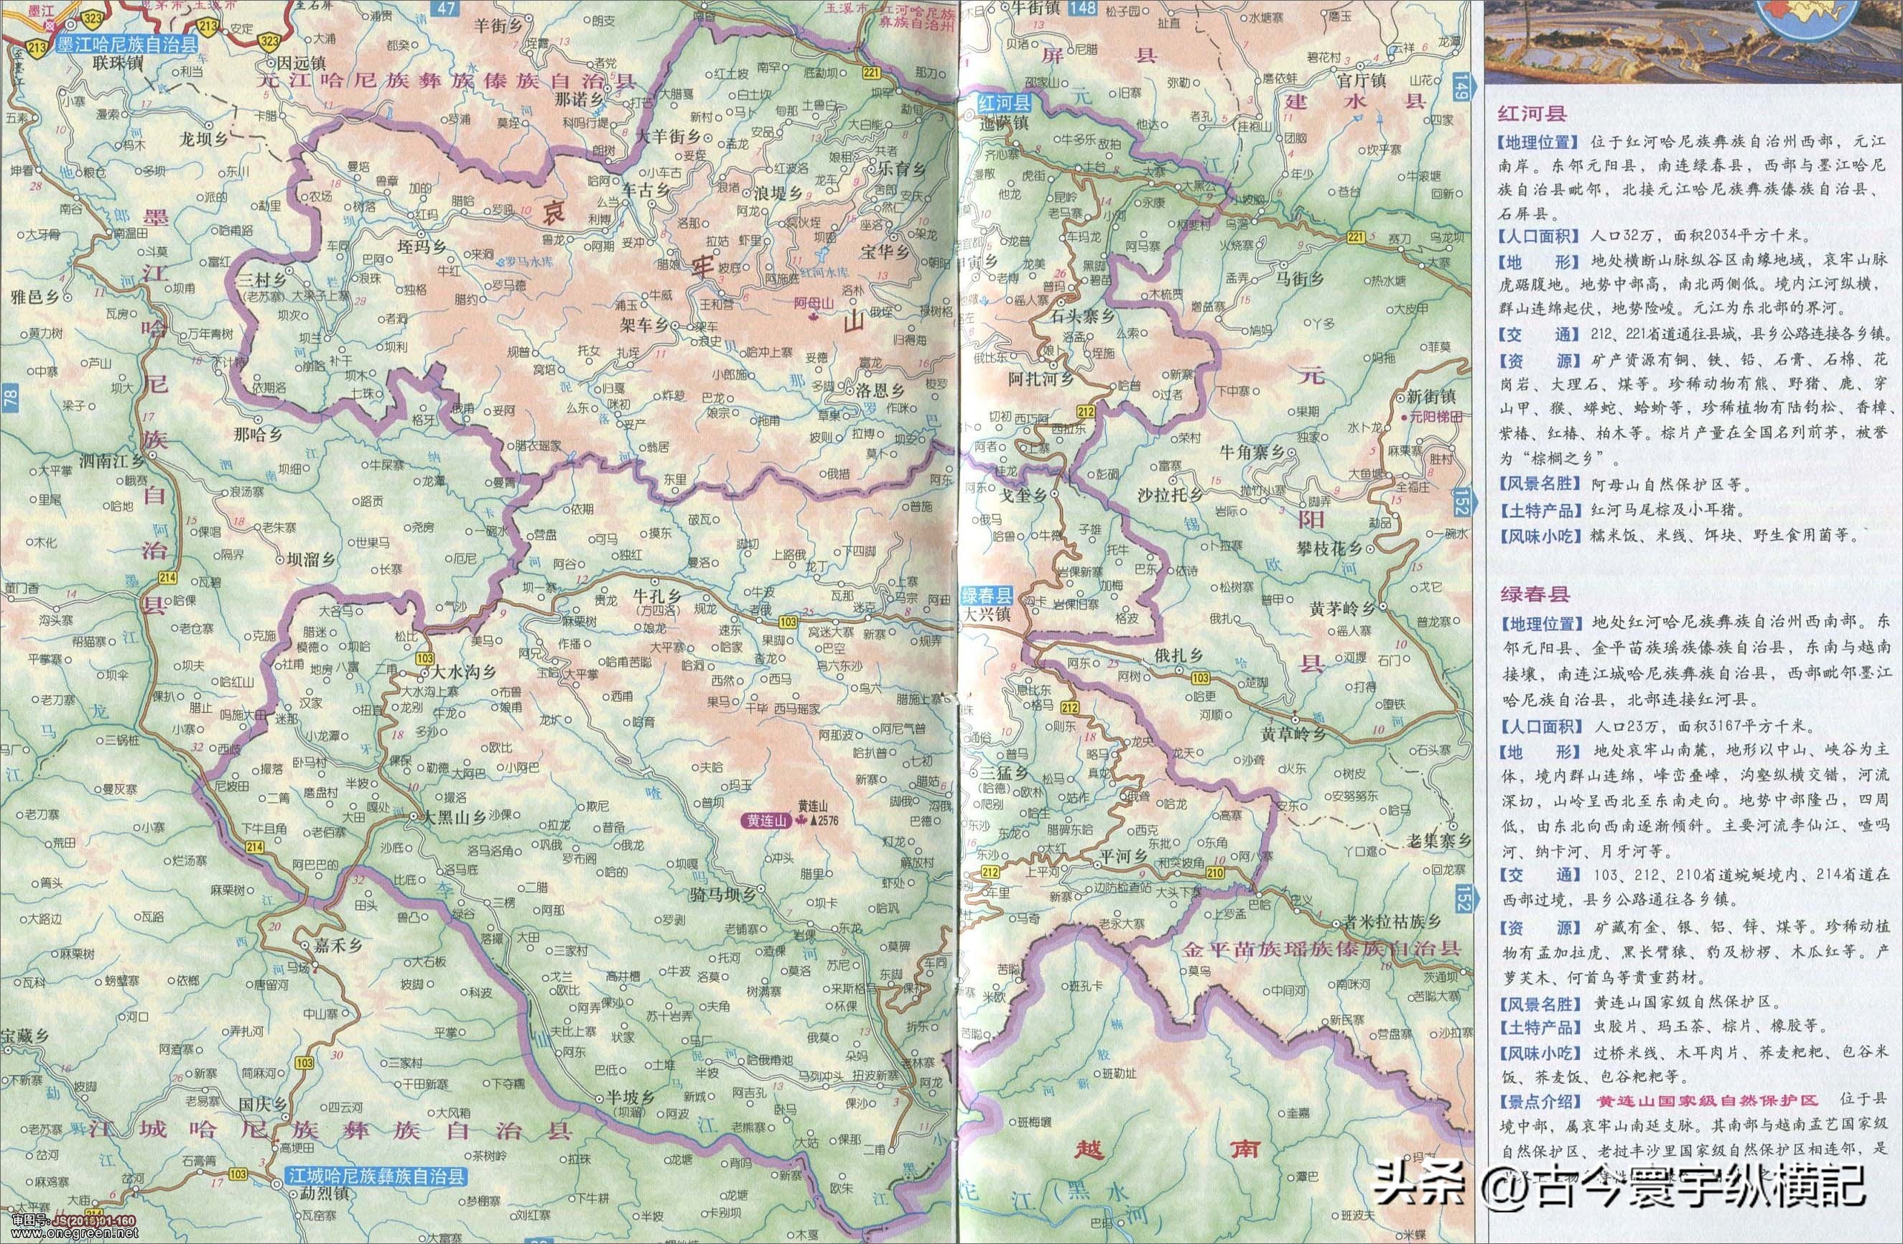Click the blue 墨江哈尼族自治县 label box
tap(126, 45)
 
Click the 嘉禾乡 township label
tap(338, 945)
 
